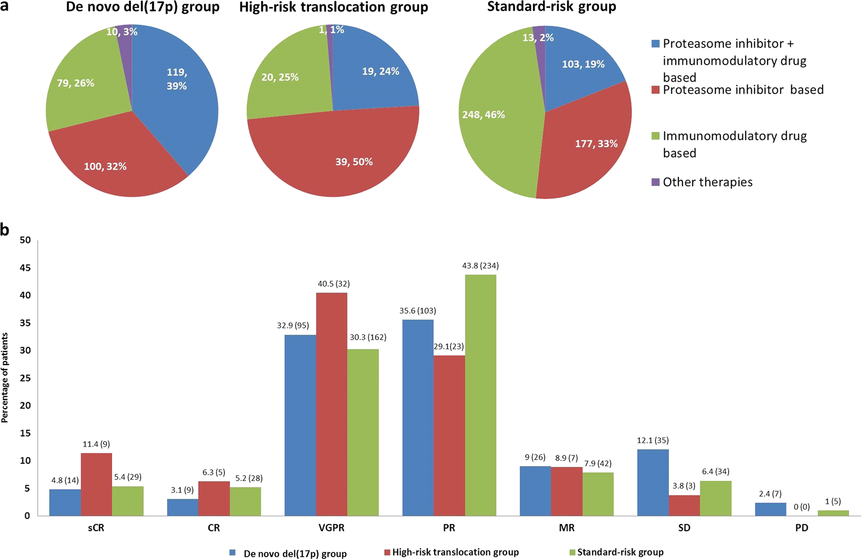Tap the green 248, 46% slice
pos(492,133)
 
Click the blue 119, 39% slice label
pos(176,79)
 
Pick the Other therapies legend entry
pos(707,182)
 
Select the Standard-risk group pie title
pos(551,7)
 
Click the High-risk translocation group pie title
pos(333,7)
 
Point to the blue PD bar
pos(770,509)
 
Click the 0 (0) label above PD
pos(801,507)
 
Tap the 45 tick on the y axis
pos(25,268)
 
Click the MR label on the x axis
pos(566,528)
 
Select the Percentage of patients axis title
pos(5,378)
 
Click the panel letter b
pos(5,230)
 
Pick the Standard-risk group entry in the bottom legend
pos(620,552)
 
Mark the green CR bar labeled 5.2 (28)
pos(245,501)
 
